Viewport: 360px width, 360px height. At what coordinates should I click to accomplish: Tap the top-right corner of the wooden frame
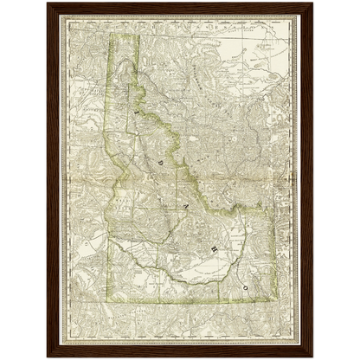coord(314,2)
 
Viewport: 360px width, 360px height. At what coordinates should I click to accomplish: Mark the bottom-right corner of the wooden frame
coord(314,357)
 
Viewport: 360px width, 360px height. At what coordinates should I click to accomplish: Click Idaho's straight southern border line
coord(182,303)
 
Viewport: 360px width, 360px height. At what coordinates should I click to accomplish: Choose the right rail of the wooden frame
coord(309,180)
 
